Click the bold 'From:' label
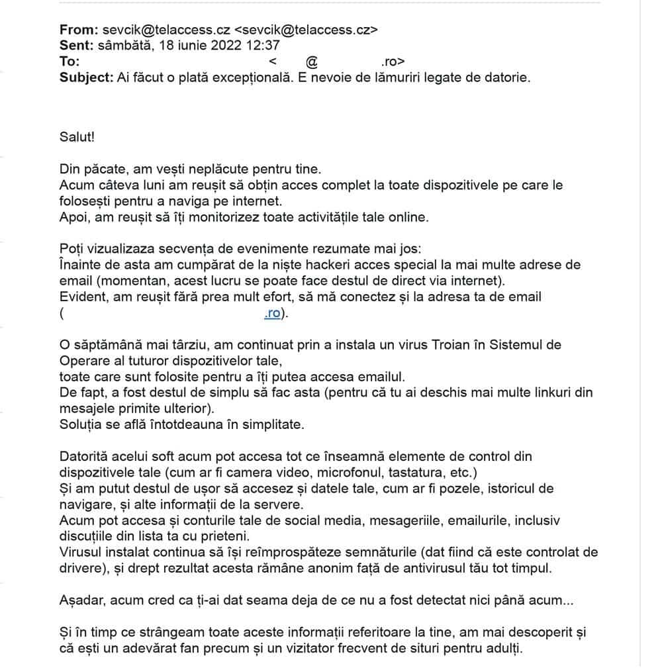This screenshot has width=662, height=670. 79,30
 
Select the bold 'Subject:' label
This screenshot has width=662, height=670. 86,77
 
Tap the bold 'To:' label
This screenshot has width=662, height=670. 70,62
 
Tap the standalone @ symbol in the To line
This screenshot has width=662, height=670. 312,62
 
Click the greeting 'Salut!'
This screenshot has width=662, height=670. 77,137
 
